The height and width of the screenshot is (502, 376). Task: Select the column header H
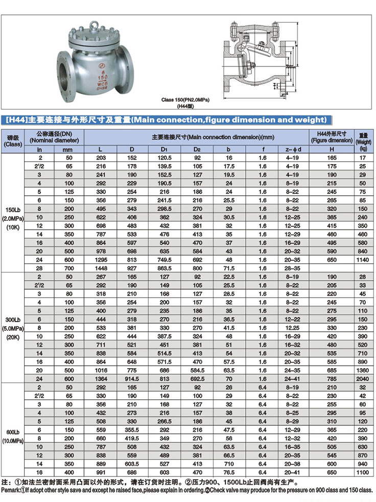click(x=332, y=149)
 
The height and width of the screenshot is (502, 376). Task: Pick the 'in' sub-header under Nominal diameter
click(x=39, y=149)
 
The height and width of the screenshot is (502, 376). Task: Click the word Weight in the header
click(x=364, y=141)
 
